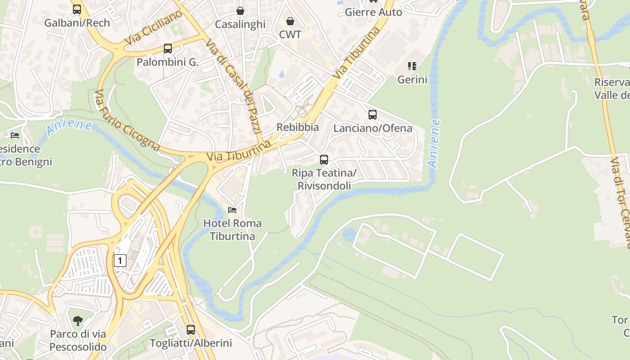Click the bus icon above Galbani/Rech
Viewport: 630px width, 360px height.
pyautogui.click(x=77, y=9)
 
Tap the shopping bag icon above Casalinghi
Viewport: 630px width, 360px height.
pyautogui.click(x=240, y=11)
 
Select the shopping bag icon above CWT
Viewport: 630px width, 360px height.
pyautogui.click(x=290, y=21)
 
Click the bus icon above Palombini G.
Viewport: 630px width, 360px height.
pyautogui.click(x=168, y=49)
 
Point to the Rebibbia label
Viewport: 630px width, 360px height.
pyautogui.click(x=297, y=127)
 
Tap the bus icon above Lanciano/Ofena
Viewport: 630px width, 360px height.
pyautogui.click(x=373, y=115)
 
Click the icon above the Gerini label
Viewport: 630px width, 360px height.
pyautogui.click(x=412, y=67)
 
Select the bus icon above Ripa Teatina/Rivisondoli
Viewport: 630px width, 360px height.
pyautogui.click(x=324, y=159)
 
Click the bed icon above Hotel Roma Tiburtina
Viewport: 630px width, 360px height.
pyautogui.click(x=232, y=210)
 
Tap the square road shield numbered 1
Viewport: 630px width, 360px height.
pyautogui.click(x=120, y=260)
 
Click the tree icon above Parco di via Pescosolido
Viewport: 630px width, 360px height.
pyautogui.click(x=78, y=320)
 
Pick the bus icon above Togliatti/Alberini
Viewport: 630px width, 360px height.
pyautogui.click(x=191, y=330)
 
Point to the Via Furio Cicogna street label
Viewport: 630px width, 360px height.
pyautogui.click(x=127, y=121)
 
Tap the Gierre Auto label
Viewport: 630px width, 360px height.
pyautogui.click(x=373, y=12)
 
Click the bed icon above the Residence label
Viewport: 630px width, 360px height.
pyautogui.click(x=15, y=135)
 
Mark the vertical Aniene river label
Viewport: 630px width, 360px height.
pyautogui.click(x=434, y=144)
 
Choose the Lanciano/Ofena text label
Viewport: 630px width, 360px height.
pyautogui.click(x=373, y=128)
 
